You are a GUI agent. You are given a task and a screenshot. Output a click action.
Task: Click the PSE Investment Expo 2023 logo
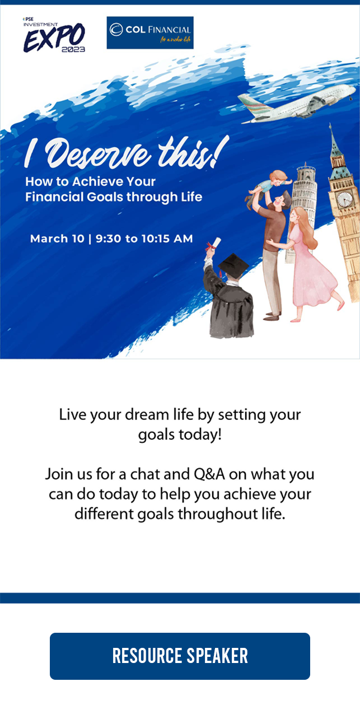pyautogui.click(x=54, y=35)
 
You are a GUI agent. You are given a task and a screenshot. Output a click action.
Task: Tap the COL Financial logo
pyautogui.click(x=150, y=32)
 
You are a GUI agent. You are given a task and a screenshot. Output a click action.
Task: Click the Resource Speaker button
pyautogui.click(x=180, y=656)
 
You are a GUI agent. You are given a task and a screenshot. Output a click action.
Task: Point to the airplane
pyautogui.click(x=297, y=104)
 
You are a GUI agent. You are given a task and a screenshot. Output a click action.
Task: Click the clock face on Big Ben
pyautogui.click(x=345, y=199)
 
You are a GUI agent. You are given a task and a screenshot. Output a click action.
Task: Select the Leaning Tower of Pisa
pyautogui.click(x=303, y=206)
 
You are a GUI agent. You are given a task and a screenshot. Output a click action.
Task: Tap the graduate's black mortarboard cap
pyautogui.click(x=233, y=265)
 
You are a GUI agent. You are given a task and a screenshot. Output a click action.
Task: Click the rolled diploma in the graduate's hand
pyautogui.click(x=214, y=244)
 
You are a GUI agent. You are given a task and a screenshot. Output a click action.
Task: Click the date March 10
pyautogui.click(x=57, y=239)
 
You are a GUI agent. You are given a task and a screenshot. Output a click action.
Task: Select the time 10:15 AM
pyautogui.click(x=167, y=239)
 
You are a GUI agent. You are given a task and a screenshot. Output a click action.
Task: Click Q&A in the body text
pyautogui.click(x=209, y=474)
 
